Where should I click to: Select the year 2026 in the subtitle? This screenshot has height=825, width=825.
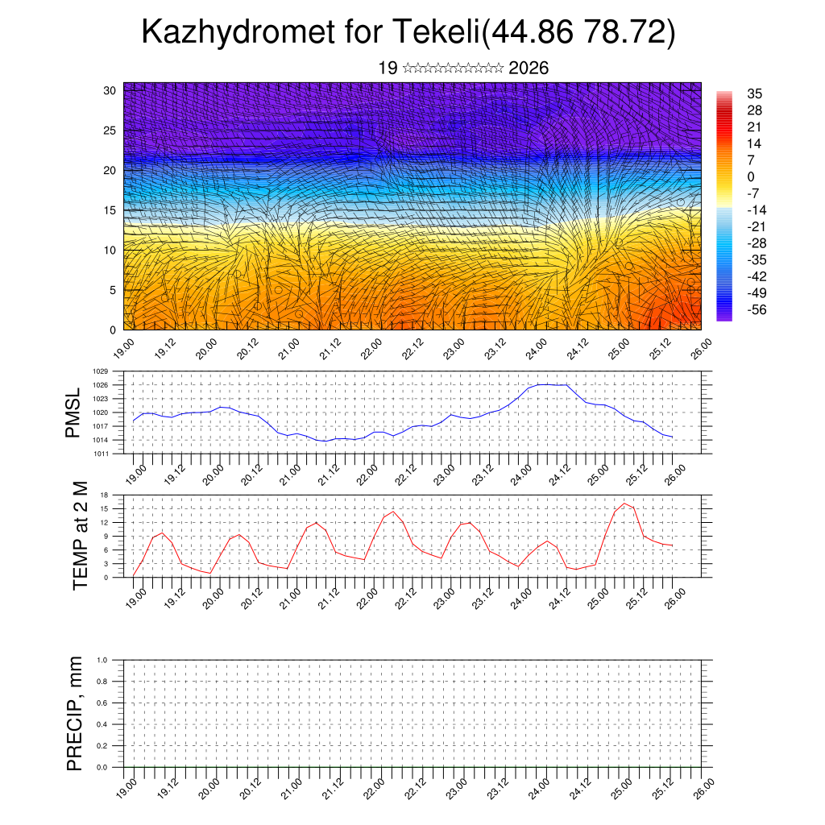click(529, 68)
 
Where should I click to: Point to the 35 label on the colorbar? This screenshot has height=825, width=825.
click(755, 93)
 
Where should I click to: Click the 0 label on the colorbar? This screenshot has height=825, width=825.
click(751, 176)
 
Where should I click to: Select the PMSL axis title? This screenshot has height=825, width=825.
click(73, 412)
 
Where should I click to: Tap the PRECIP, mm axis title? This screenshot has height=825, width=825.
click(75, 711)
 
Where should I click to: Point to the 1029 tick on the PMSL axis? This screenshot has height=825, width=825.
click(100, 371)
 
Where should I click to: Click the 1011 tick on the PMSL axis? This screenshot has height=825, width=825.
click(100, 454)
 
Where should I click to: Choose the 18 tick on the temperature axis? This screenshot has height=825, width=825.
click(105, 495)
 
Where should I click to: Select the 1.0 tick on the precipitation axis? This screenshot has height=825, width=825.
click(102, 659)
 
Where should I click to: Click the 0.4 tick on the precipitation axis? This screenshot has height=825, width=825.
click(102, 724)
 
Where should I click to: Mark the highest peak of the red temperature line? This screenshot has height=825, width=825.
click(624, 504)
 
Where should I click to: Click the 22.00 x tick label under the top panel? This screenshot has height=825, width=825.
click(371, 349)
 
